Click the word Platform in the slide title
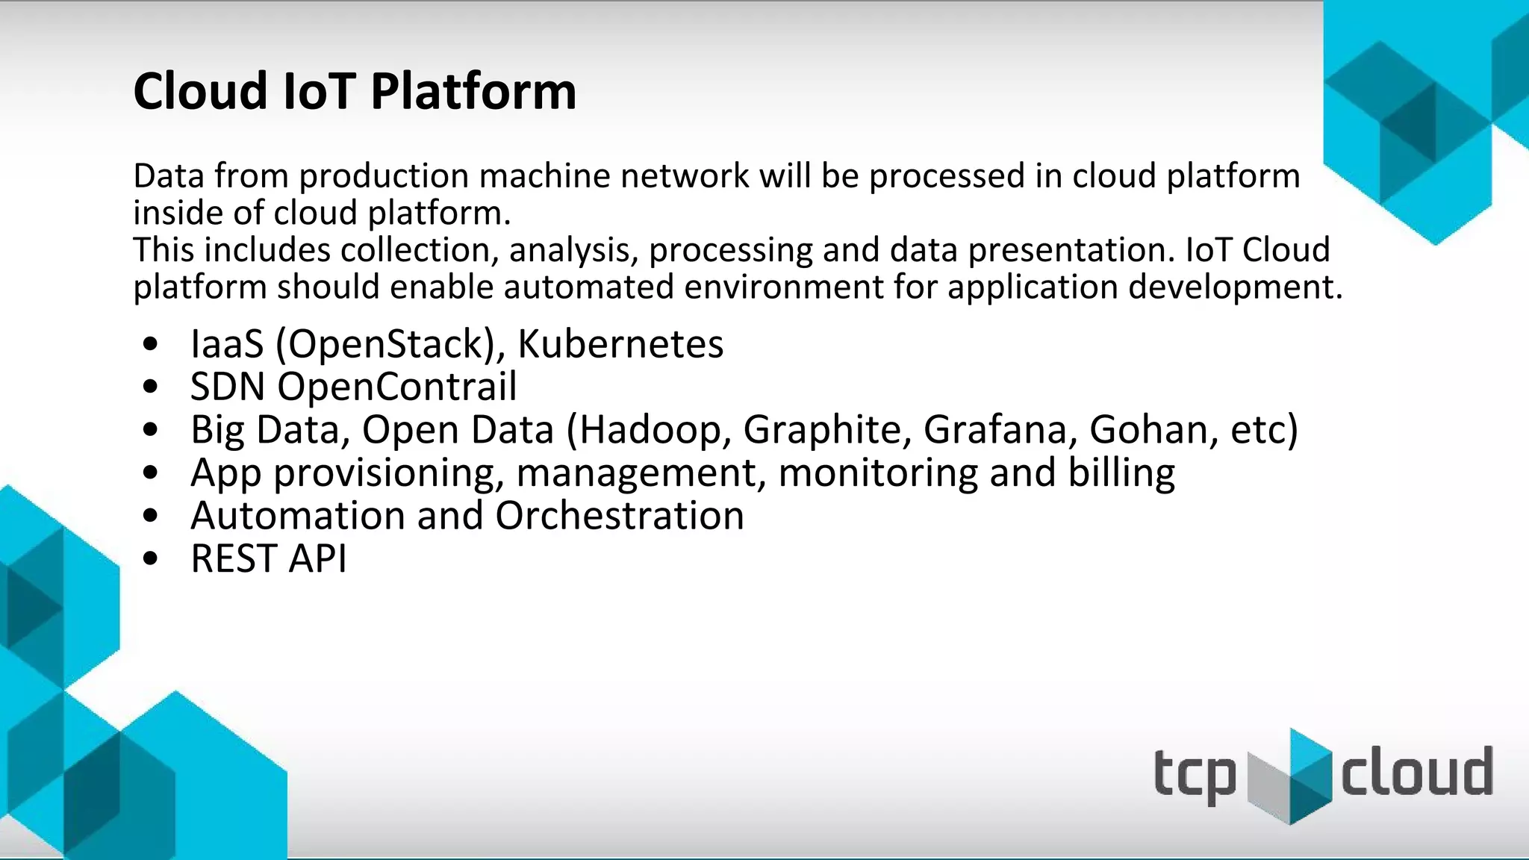(x=473, y=92)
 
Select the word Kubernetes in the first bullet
(x=620, y=344)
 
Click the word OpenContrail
(x=396, y=387)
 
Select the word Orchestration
(x=619, y=516)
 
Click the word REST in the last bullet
(x=234, y=558)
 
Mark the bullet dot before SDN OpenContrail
(x=151, y=387)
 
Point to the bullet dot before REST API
(x=151, y=558)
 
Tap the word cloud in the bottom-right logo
(x=1416, y=772)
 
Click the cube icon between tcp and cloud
(x=1290, y=776)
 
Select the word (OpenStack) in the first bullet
(x=390, y=344)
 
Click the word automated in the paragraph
(x=588, y=287)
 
